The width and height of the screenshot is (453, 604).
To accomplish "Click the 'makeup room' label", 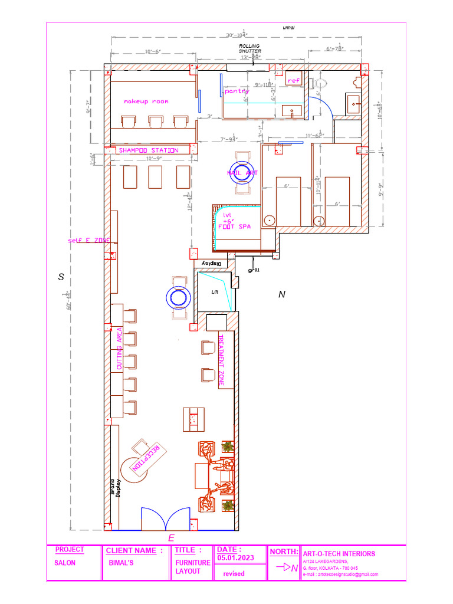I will pos(146,101).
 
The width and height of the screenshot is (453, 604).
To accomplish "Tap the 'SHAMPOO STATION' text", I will pos(148,150).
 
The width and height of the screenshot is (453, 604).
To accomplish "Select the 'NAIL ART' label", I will pos(242,173).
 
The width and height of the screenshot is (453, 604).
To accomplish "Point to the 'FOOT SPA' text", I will pos(234,226).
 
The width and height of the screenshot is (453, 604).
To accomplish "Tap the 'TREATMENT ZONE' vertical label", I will pos(222,361).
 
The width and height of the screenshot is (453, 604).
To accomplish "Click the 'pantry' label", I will pos(237,91).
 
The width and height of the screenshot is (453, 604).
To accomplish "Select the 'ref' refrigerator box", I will pos(294,80).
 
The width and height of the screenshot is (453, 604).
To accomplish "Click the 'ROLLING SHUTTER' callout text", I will pos(250,48).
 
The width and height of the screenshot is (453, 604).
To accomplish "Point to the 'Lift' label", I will pos(215,292).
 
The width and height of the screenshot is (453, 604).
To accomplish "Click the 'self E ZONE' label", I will pos(88,240).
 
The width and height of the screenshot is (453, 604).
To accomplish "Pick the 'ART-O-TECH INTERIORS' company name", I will pos(338,554).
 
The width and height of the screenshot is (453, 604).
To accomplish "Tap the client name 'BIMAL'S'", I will pos(122,563).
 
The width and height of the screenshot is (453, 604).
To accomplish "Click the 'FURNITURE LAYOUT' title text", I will pos(192,567).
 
